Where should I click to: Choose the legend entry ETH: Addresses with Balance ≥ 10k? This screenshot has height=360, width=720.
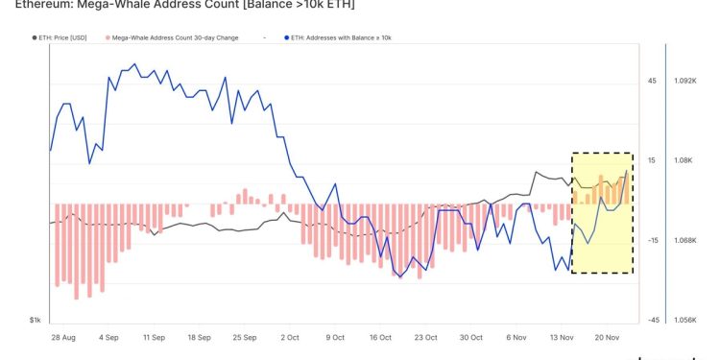[341, 37]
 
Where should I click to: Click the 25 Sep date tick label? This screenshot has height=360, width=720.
[245, 338]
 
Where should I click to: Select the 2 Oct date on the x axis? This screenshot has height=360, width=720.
[290, 338]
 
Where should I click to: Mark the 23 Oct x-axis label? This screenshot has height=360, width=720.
[425, 338]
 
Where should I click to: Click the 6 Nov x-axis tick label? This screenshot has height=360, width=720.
[516, 338]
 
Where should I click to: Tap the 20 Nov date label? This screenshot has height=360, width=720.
[607, 338]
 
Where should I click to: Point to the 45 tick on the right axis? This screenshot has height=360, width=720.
[652, 82]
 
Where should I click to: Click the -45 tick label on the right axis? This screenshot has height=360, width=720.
[652, 320]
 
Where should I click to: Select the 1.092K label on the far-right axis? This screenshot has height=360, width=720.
[690, 82]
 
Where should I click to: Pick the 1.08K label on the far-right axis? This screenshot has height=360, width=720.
[688, 161]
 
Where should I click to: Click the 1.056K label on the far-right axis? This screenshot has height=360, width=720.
[690, 320]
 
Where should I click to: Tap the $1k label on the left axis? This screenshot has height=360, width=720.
[35, 320]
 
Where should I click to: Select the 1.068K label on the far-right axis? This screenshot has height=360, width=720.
[690, 240]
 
